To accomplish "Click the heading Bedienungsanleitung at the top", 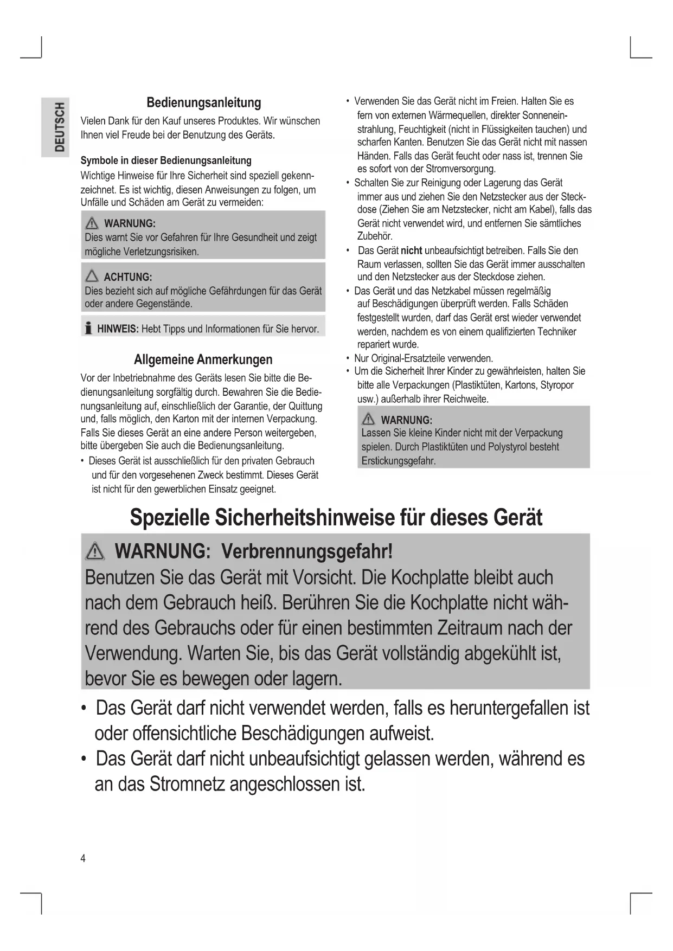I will pyautogui.click(x=203, y=102).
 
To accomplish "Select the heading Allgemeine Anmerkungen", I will pyautogui.click(x=203, y=359).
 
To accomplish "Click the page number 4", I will pyautogui.click(x=83, y=858).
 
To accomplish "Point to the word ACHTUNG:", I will pyautogui.click(x=127, y=277).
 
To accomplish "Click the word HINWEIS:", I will pyautogui.click(x=118, y=329).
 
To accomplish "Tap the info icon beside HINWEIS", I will pyautogui.click(x=88, y=329).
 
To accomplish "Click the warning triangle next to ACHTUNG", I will pyautogui.click(x=92, y=277).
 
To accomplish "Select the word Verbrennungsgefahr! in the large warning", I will pyautogui.click(x=307, y=551).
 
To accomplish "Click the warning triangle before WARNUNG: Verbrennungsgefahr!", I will pyautogui.click(x=95, y=551).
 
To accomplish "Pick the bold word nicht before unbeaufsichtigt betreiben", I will pyautogui.click(x=411, y=250).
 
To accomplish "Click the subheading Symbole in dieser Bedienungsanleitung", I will pyautogui.click(x=166, y=160).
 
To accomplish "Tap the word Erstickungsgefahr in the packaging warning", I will pyautogui.click(x=398, y=461).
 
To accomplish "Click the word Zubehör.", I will pyautogui.click(x=375, y=236).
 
